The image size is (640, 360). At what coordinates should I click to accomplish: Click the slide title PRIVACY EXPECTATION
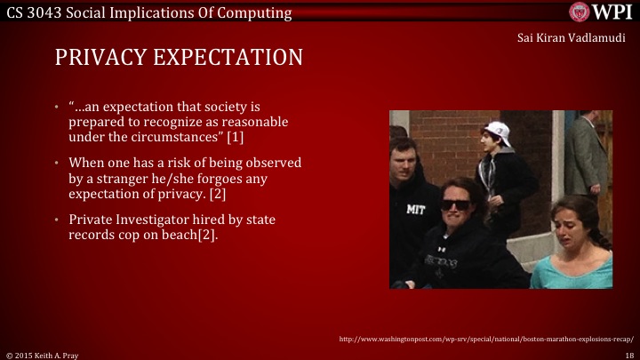[x=179, y=58]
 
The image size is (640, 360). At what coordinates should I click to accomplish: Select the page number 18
[x=629, y=354]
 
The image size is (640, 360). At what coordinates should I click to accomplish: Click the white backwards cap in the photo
[x=499, y=133]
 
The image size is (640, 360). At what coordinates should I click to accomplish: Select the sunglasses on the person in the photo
[x=456, y=204]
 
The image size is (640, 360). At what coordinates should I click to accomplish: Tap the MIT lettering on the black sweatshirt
[x=416, y=210]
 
